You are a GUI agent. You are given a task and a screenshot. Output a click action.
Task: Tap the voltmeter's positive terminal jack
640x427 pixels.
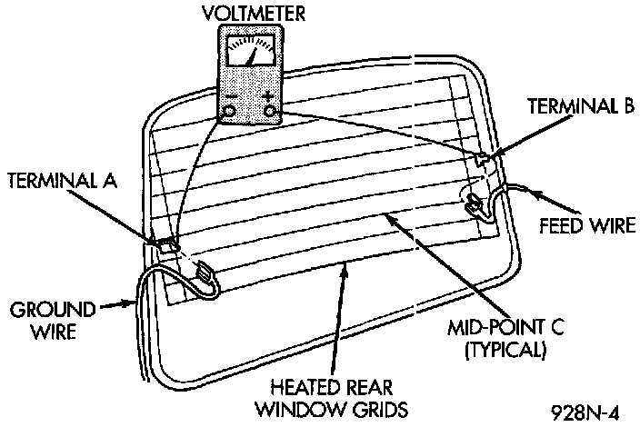(270, 111)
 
